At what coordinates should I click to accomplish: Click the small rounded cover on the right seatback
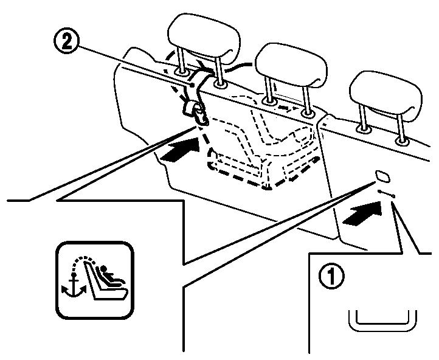pyautogui.click(x=384, y=176)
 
